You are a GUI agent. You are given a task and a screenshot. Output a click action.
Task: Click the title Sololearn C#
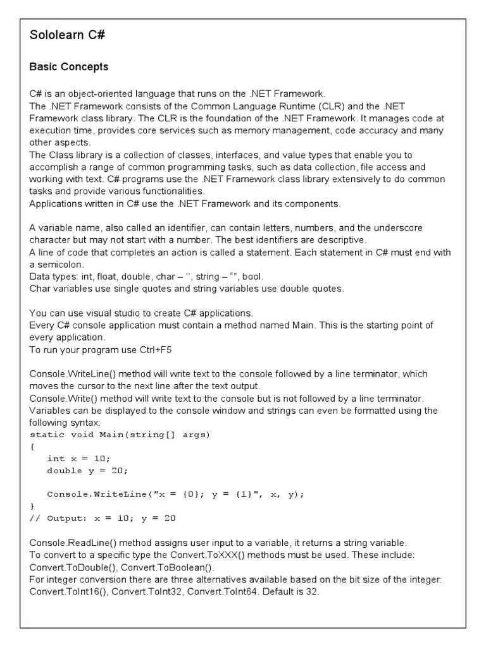[67, 35]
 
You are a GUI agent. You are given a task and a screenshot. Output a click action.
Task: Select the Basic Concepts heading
[69, 67]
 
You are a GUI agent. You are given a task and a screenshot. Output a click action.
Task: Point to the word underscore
[396, 227]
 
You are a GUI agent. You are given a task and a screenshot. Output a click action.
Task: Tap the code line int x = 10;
[78, 458]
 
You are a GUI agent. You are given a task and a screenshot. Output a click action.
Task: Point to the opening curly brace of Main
[32, 446]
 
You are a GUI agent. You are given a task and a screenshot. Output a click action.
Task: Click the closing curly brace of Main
[32, 506]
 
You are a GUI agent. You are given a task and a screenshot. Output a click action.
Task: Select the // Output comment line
[103, 518]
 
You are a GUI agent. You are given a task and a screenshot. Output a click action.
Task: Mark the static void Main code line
[120, 435]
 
